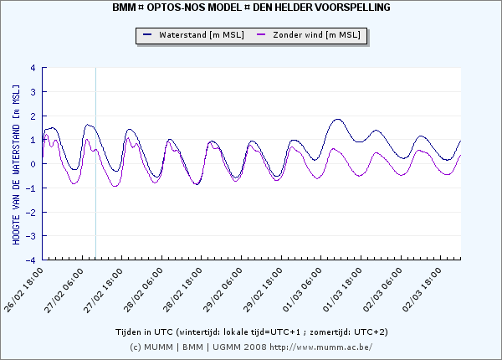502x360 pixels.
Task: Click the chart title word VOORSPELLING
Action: coord(353,7)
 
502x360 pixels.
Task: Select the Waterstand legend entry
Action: coord(193,35)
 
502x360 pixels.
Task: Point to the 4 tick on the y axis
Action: coord(33,68)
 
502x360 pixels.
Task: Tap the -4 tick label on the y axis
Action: coord(31,260)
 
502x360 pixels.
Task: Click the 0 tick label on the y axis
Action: coord(33,164)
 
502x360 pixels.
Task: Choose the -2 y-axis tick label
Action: coord(31,212)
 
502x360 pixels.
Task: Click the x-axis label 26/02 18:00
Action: coord(23,290)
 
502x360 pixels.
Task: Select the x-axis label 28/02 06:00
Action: coord(143,290)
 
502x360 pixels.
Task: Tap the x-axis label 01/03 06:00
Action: coord(302,290)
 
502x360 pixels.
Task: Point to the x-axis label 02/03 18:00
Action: coord(422,290)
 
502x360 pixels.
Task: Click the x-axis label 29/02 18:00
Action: coord(263,290)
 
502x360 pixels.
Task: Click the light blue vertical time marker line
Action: coord(95,163)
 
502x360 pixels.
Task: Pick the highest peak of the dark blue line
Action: coord(338,119)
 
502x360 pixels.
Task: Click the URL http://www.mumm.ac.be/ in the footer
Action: coord(320,347)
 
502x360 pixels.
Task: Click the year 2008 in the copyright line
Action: coord(255,347)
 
